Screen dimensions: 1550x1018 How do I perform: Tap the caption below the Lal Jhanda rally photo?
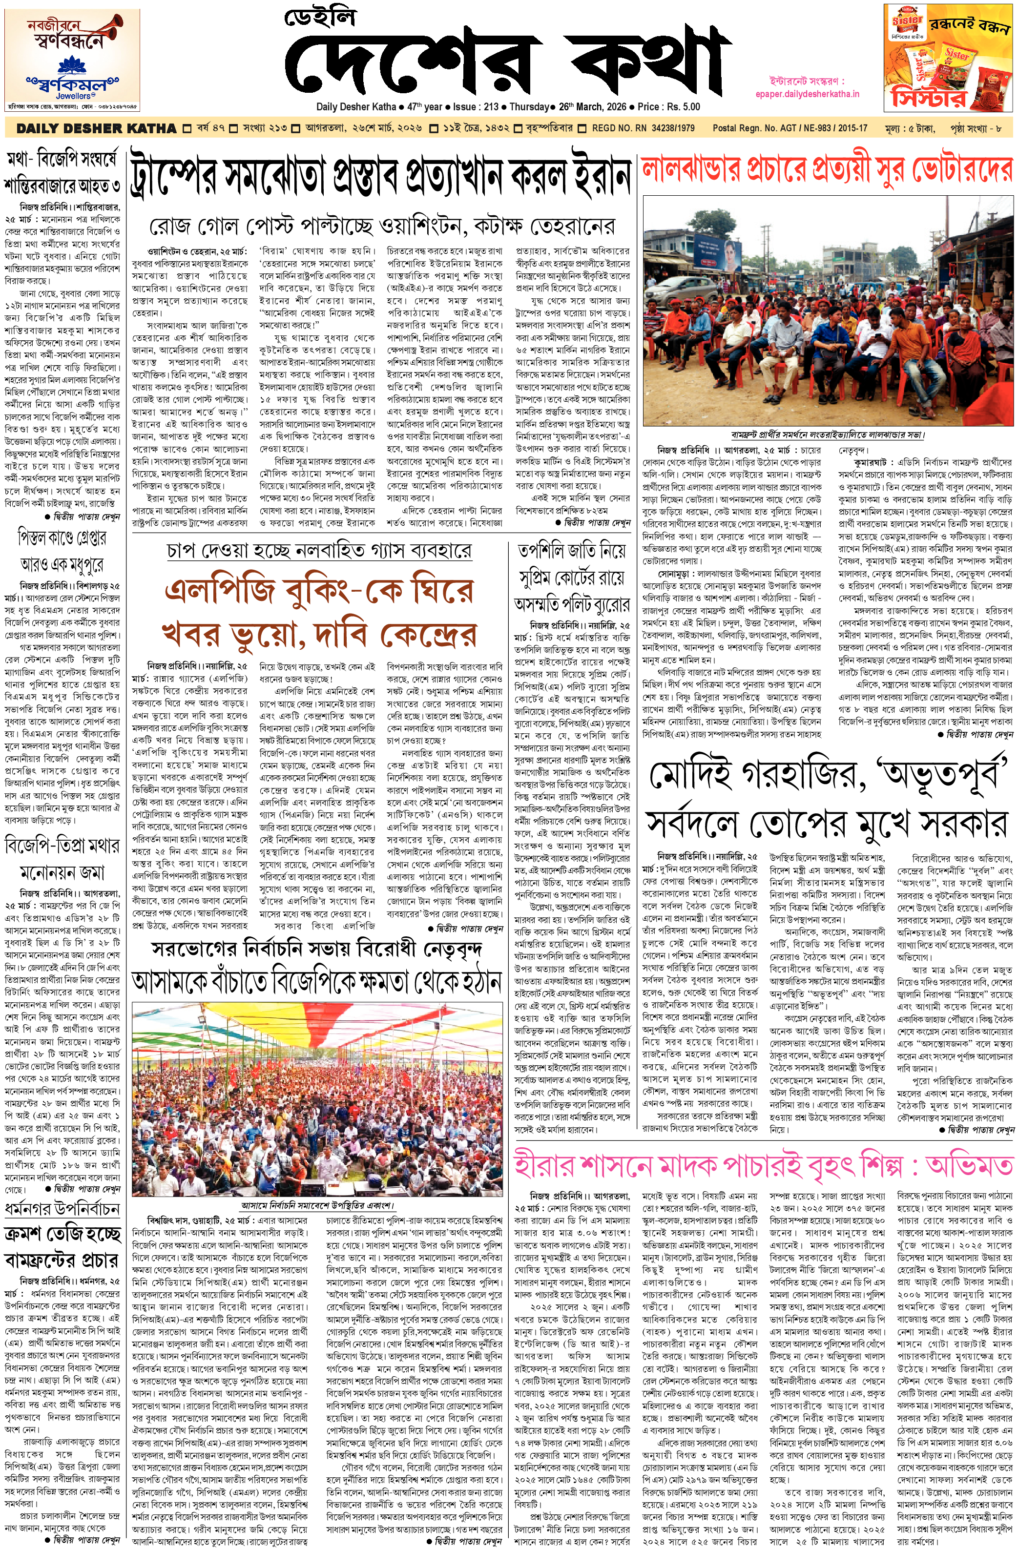(827, 434)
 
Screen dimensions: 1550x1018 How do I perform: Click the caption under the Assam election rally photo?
(316, 1205)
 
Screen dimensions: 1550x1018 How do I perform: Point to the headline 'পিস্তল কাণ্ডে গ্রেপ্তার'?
(62, 538)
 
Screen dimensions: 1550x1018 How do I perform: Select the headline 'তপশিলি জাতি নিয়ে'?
(572, 551)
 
